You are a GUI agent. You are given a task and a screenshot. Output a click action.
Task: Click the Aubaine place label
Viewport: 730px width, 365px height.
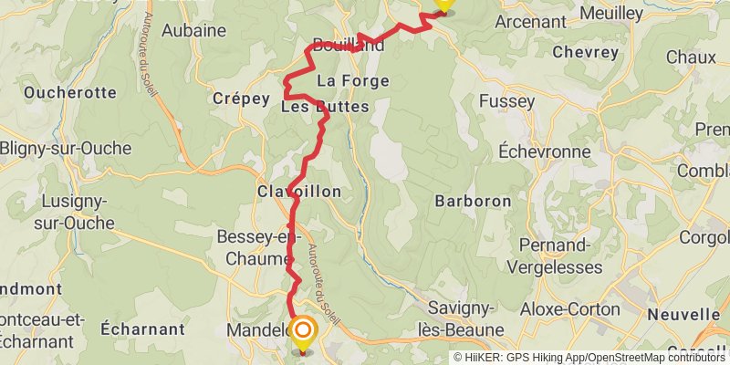(x=193, y=30)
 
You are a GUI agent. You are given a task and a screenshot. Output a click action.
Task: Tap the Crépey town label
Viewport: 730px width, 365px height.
(x=240, y=98)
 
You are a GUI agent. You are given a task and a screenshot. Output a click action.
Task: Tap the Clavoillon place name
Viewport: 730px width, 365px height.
(x=299, y=192)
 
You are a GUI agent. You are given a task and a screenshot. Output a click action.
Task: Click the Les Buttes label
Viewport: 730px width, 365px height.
(x=325, y=108)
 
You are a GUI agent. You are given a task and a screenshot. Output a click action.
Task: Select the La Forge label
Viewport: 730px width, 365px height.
(x=352, y=81)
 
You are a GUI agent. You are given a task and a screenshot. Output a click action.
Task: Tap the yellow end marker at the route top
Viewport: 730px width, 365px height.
(x=443, y=4)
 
